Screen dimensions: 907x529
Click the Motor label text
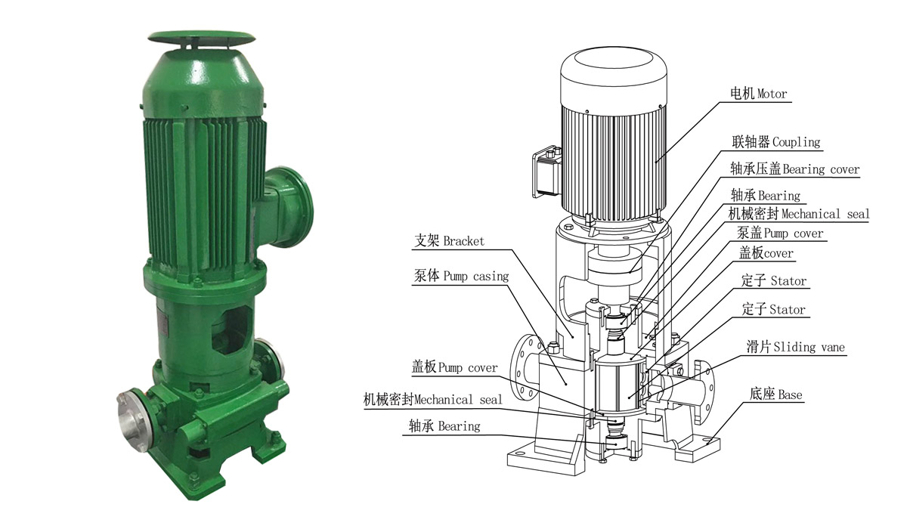(758, 94)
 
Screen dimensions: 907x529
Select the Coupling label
(775, 141)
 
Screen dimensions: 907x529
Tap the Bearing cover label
(795, 169)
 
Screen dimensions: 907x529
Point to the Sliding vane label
(795, 347)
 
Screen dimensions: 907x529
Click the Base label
(775, 394)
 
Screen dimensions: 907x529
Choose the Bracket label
(449, 241)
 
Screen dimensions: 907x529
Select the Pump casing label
(461, 276)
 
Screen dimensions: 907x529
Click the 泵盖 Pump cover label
(780, 233)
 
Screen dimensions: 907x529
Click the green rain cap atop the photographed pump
(202, 38)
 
